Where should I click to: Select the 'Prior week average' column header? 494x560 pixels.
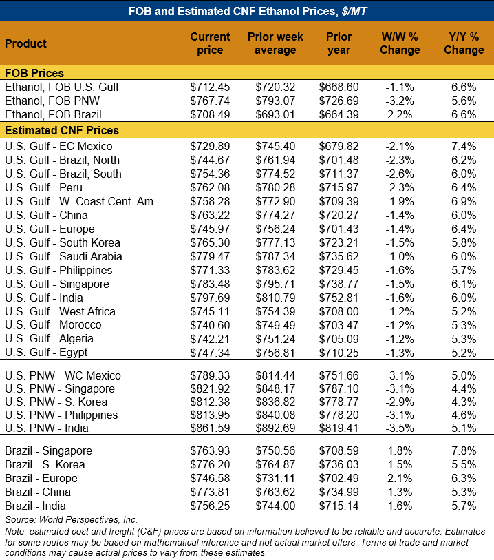pyautogui.click(x=275, y=43)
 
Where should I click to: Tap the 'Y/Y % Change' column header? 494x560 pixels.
pyautogui.click(x=464, y=43)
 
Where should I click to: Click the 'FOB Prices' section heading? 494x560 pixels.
pyautogui.click(x=34, y=73)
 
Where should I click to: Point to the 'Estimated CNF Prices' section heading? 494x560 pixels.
pyautogui.click(x=62, y=130)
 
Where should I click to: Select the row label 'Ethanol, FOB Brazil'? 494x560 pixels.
pyautogui.click(x=53, y=114)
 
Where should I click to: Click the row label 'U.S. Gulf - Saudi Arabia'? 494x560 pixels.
pyautogui.click(x=63, y=256)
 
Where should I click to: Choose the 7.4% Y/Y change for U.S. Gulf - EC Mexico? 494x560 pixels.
pyautogui.click(x=464, y=146)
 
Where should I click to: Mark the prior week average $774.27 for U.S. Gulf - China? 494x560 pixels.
pyautogui.click(x=275, y=215)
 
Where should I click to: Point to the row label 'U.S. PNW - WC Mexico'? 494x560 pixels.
pyautogui.click(x=63, y=375)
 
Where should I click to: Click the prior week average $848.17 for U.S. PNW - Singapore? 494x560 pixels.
pyautogui.click(x=275, y=389)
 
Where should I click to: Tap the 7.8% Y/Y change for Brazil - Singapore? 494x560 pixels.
pyautogui.click(x=464, y=451)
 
